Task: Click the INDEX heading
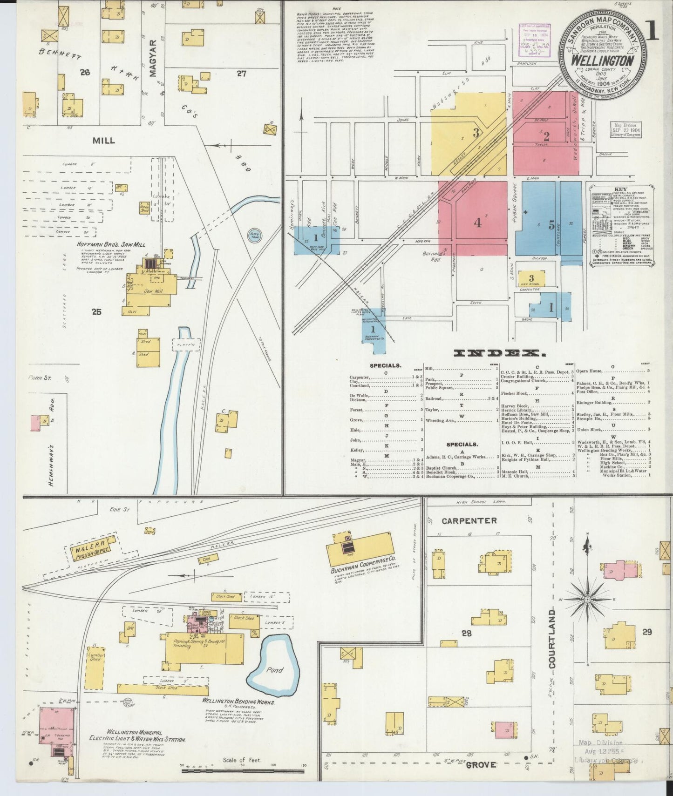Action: point(499,353)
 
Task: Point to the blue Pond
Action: point(274,670)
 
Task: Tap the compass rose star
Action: point(588,599)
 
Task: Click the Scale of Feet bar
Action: point(242,771)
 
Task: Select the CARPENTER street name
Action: point(469,520)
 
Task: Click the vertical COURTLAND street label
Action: point(552,639)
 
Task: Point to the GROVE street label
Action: point(482,764)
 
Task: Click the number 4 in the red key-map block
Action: point(477,223)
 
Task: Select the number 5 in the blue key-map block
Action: point(551,225)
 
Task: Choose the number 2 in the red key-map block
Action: point(546,136)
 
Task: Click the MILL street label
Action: point(104,140)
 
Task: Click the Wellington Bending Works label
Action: point(238,702)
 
